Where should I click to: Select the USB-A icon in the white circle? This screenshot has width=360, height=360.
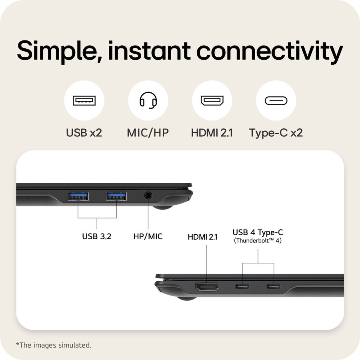point(84,100)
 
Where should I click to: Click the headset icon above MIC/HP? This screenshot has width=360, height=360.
point(148,100)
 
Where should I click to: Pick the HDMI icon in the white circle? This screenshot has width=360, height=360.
point(212,100)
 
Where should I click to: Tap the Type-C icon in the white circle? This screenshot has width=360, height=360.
point(276,100)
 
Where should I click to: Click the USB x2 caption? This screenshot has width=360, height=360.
point(84,133)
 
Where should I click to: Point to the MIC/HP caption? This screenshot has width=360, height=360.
point(148,133)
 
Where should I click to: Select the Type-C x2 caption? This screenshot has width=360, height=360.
point(276,133)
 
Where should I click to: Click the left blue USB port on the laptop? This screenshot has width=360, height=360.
point(78,196)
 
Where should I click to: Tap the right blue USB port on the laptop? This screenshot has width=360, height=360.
point(116,196)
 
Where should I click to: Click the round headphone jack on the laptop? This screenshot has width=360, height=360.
point(148,196)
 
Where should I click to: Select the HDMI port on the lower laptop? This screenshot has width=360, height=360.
point(207,286)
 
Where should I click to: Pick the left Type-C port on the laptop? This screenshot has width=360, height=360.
point(242,286)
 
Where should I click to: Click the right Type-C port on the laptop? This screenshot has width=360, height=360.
point(274,286)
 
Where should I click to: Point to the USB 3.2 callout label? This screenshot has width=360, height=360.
point(97,236)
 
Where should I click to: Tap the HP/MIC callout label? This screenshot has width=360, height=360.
point(148,236)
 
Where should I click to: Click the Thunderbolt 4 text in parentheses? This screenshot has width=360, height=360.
point(258,240)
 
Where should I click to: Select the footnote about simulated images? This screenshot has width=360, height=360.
point(54,345)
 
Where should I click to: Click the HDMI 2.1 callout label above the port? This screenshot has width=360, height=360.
point(202,237)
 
